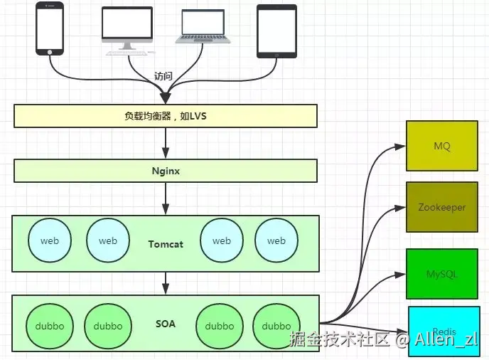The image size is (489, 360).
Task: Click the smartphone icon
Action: (50, 28)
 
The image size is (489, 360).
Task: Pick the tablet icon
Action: (276, 31)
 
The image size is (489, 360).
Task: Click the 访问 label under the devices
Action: (163, 76)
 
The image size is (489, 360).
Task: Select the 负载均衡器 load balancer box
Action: (165, 116)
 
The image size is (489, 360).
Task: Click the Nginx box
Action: (165, 171)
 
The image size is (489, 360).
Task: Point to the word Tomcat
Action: (166, 244)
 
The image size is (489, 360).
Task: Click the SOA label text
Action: (166, 324)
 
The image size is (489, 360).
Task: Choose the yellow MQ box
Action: (441, 146)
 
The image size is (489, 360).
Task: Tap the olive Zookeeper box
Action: (441, 207)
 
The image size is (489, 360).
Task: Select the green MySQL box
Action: (441, 273)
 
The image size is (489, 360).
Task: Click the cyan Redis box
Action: (444, 330)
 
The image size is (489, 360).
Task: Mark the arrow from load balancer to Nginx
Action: (165, 143)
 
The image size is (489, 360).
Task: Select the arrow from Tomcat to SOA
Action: (165, 282)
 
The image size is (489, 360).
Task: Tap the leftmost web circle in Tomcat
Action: (50, 240)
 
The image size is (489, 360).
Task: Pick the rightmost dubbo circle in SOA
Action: (276, 326)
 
